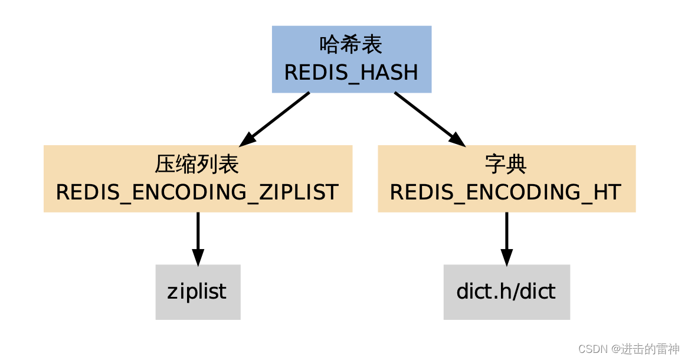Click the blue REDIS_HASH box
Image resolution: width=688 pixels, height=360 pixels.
tap(352, 59)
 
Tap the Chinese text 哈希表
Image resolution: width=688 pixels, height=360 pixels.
tap(352, 45)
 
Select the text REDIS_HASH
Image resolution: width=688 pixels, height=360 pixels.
tap(352, 73)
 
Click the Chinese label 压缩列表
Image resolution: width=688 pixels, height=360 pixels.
tap(198, 165)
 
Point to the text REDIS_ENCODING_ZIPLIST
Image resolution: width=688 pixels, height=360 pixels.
tap(198, 192)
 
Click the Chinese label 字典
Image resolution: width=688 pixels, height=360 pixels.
tap(506, 165)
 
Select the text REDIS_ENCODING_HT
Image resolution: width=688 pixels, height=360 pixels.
tap(506, 192)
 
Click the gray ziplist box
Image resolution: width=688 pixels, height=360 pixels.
tap(198, 292)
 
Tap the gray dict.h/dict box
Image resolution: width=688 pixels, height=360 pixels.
tap(506, 292)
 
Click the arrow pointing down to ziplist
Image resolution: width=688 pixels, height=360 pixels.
tap(198, 233)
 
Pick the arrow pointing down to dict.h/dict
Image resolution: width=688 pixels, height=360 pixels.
tap(506, 233)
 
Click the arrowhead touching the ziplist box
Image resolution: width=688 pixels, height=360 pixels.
tap(198, 257)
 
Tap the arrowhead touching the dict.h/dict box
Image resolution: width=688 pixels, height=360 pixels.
tap(506, 257)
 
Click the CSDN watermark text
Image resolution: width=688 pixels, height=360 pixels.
tap(593, 349)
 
